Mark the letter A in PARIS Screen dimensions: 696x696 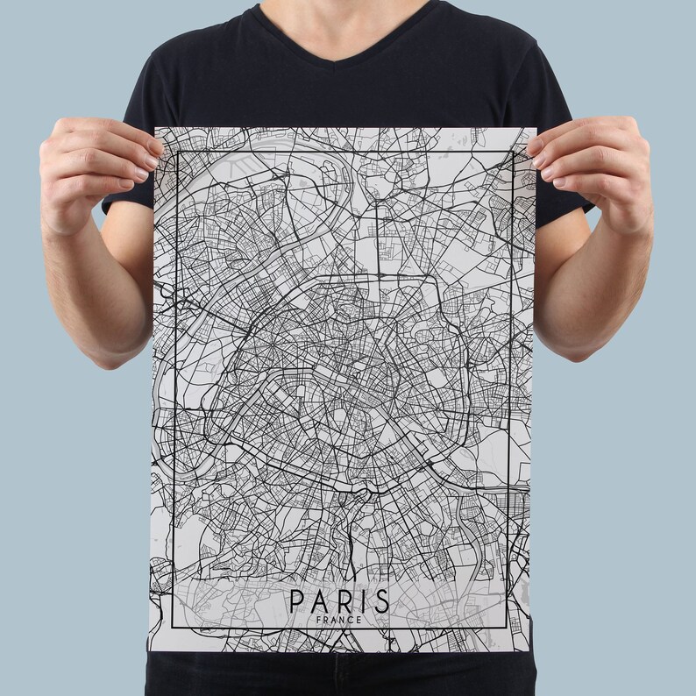[x=319, y=602]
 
